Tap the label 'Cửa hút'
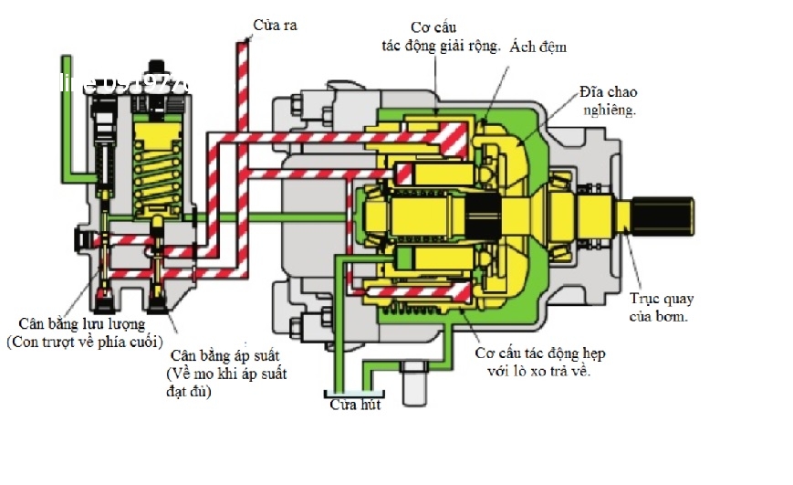[355, 405]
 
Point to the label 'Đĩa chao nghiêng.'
[608, 101]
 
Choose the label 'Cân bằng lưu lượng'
[81, 323]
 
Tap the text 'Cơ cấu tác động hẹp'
[541, 353]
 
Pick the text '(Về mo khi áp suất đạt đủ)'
[226, 383]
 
